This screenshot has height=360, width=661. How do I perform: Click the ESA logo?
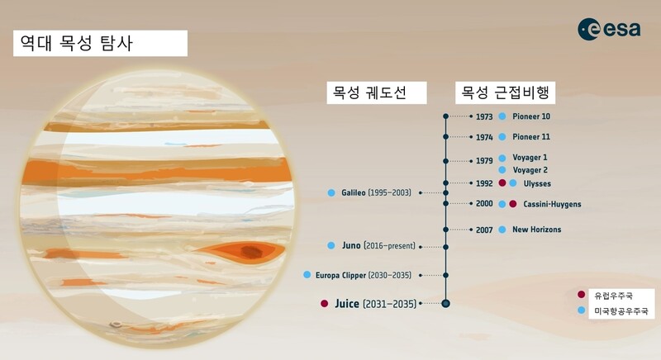click(609, 29)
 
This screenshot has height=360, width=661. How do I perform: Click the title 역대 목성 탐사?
click(77, 43)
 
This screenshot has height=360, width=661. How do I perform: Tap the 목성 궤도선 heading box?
click(377, 92)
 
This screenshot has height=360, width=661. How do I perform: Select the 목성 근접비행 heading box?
click(505, 92)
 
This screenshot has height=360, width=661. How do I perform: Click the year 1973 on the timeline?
click(484, 116)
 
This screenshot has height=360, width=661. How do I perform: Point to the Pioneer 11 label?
click(531, 137)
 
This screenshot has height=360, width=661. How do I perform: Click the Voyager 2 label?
click(530, 170)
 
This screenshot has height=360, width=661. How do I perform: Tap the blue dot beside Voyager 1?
click(502, 158)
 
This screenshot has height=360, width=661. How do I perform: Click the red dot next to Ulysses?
click(502, 183)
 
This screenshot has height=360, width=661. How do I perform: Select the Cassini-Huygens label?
click(552, 204)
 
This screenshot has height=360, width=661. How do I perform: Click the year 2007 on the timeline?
click(484, 230)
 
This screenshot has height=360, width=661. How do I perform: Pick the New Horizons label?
click(536, 230)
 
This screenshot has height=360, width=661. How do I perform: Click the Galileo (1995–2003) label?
click(376, 193)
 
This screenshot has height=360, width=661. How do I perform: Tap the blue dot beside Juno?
click(331, 245)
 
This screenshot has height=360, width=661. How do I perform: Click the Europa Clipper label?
click(340, 276)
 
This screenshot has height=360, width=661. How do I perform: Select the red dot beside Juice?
click(324, 304)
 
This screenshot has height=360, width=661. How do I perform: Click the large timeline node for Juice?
click(445, 304)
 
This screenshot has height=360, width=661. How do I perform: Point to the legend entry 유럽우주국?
click(613, 296)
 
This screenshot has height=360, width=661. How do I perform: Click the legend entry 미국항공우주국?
click(621, 311)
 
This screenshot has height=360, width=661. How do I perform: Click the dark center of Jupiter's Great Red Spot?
click(251, 252)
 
